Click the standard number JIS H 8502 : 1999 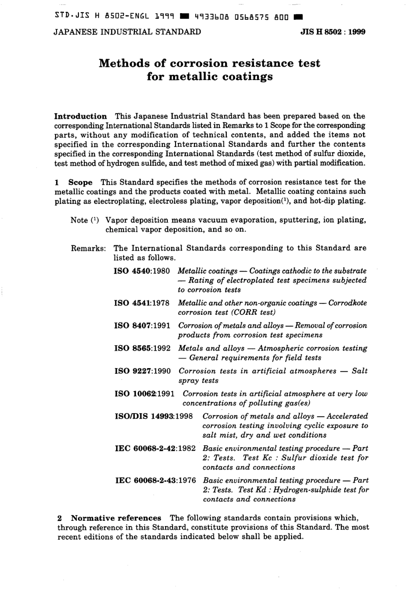(333, 32)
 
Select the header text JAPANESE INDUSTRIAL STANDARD (127, 32)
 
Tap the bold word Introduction (80, 116)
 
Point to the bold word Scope (81, 182)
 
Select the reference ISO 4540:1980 (142, 271)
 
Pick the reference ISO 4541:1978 (142, 303)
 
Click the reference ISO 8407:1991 (142, 326)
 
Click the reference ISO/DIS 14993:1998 (154, 416)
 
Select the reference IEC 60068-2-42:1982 (155, 449)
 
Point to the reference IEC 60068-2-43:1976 (155, 481)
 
